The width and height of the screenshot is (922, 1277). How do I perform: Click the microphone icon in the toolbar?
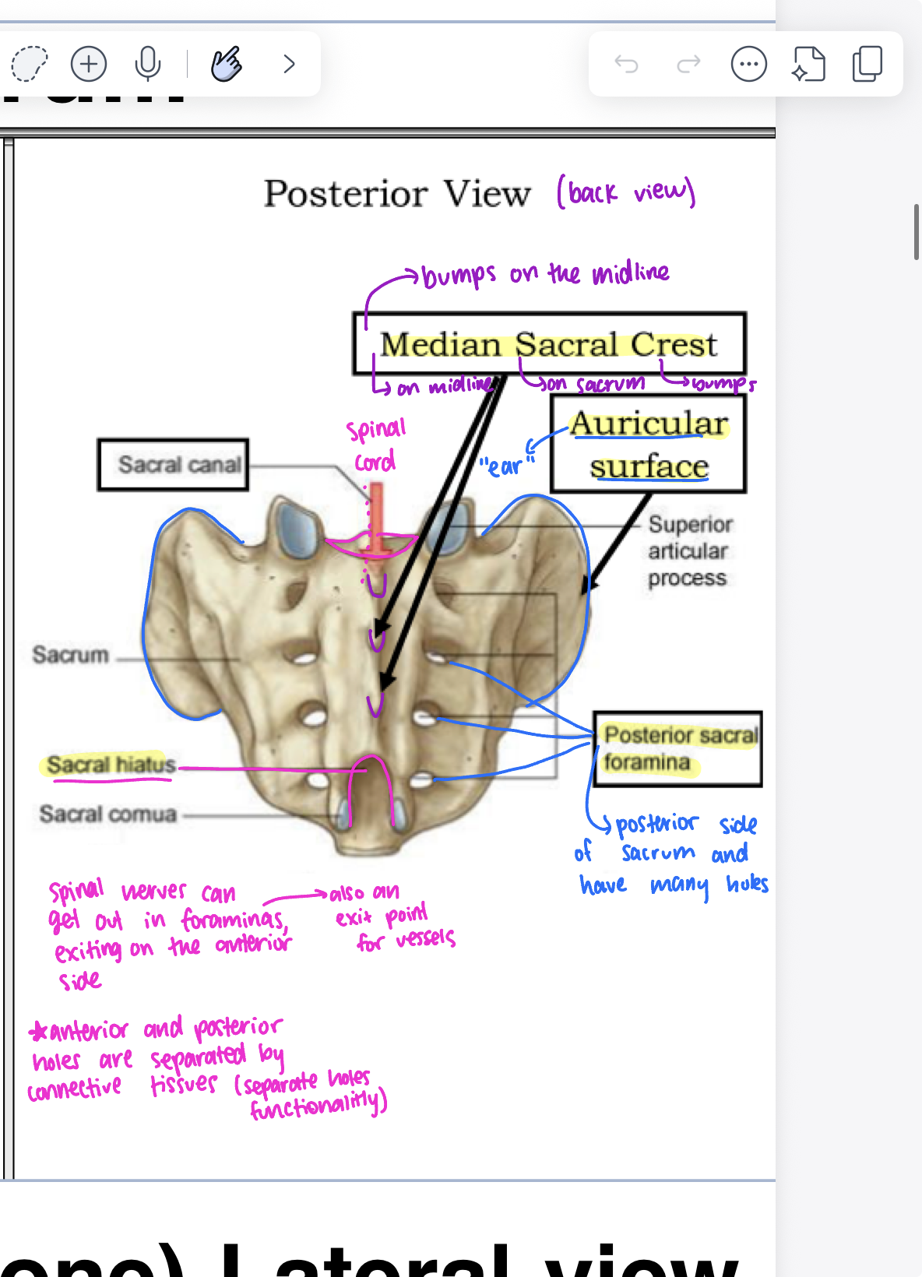pos(147,64)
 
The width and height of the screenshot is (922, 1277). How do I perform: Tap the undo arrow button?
pos(626,64)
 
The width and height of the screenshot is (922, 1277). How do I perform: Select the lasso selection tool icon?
pos(30,64)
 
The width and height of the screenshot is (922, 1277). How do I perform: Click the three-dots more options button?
pos(748,64)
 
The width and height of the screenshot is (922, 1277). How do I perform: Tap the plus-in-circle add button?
pos(89,64)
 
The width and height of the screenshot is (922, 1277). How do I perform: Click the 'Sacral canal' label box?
pos(173,465)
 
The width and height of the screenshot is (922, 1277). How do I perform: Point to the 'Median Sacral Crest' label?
pos(548,344)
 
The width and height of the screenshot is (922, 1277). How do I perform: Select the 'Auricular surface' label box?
pos(648,444)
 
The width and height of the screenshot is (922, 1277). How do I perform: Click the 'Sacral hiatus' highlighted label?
pos(110,765)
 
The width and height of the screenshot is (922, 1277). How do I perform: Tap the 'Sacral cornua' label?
pos(108,814)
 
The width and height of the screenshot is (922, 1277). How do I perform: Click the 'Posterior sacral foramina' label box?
pos(677,748)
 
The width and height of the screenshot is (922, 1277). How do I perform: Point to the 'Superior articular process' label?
pos(688,551)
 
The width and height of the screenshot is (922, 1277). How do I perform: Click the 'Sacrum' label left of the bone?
pos(70,655)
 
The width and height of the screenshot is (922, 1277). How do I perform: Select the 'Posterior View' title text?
pos(397,193)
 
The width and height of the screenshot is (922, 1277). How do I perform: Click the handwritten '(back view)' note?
pos(626,192)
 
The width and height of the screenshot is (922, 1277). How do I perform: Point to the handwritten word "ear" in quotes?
pos(505,466)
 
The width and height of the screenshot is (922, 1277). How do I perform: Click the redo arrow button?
pos(688,64)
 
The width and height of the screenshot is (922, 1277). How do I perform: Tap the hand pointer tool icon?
pos(226,64)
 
